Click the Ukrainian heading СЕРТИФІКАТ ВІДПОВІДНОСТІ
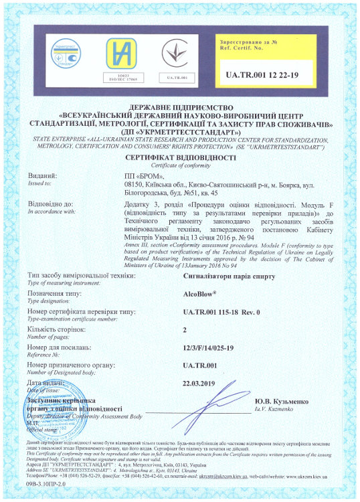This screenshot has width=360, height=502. coord(180,157)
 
